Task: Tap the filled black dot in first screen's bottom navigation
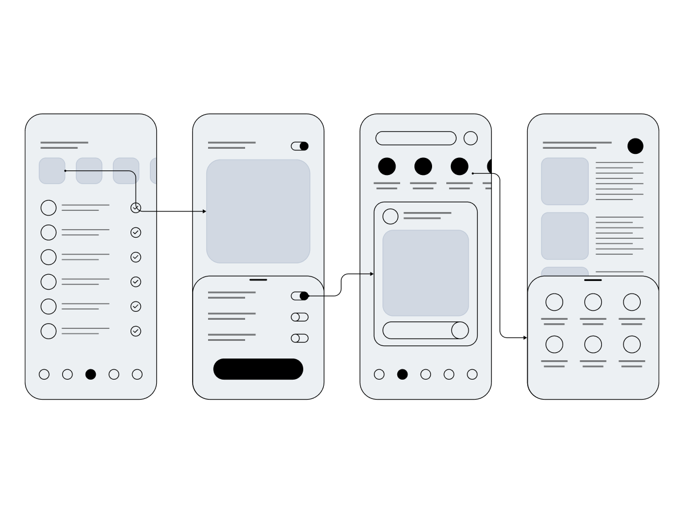[x=91, y=374]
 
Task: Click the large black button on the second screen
[x=258, y=369]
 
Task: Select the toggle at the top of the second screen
[x=300, y=146]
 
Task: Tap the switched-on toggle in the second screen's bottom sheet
[x=300, y=296]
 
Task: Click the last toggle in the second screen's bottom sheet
[x=300, y=338]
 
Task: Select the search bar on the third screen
[x=416, y=138]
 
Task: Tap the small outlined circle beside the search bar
[x=470, y=138]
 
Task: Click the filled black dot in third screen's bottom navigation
[x=402, y=374]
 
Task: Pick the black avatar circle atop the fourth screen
[x=636, y=146]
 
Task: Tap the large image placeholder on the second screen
[x=258, y=211]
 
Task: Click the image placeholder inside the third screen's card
[x=426, y=273]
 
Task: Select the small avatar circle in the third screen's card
[x=390, y=217]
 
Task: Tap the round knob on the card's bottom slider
[x=460, y=330]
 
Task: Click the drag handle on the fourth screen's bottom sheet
[x=593, y=280]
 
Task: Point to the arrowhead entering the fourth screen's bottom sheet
[x=525, y=338]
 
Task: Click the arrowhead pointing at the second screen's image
[x=204, y=211]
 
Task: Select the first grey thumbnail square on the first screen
[x=52, y=171]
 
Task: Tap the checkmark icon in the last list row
[x=136, y=331]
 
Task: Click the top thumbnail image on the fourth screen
[x=565, y=181]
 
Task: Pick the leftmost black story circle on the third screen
[x=387, y=166]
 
